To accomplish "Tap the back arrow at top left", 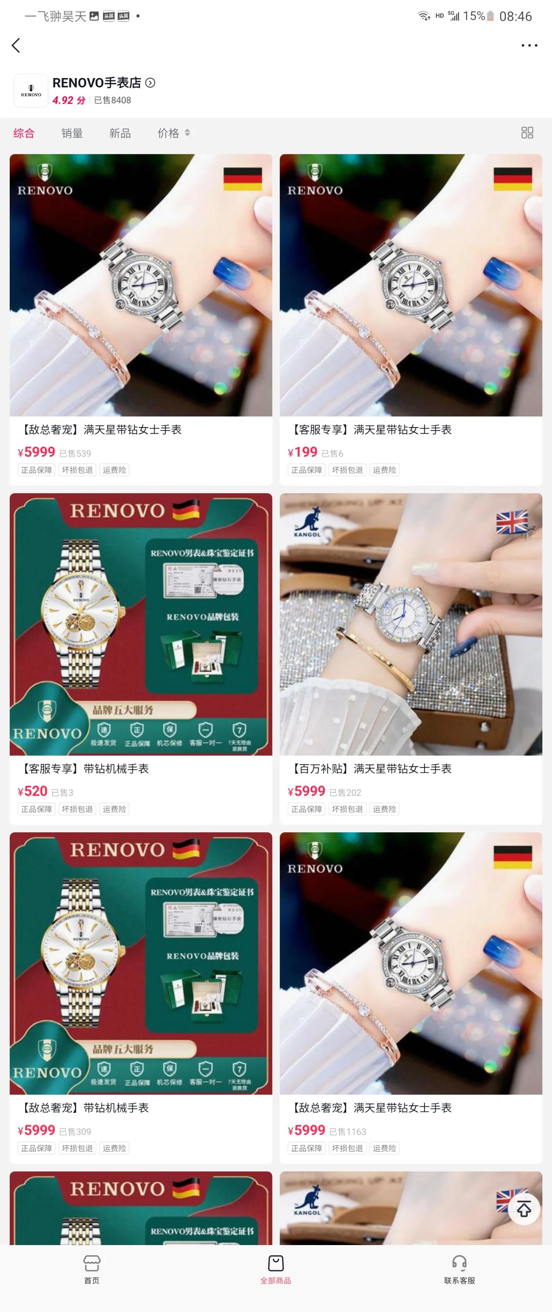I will click(x=16, y=45).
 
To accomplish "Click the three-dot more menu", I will click(x=529, y=45).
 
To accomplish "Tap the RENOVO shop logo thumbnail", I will click(x=31, y=91).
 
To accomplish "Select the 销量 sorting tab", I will click(x=72, y=133).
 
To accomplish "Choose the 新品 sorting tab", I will click(x=120, y=133).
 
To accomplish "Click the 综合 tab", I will click(x=24, y=133).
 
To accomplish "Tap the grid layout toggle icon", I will click(x=527, y=133).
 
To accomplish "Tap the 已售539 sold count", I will click(x=75, y=453).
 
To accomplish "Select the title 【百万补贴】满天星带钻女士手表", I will click(x=370, y=768).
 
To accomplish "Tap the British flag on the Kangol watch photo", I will click(x=512, y=522).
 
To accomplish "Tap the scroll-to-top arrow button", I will click(x=524, y=1209).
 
